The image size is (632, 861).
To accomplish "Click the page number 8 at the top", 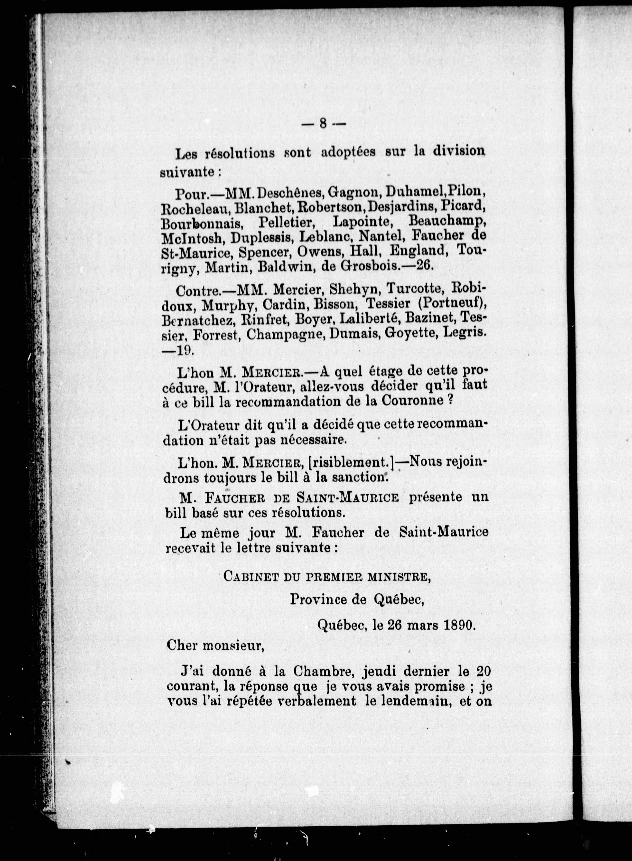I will [323, 123].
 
